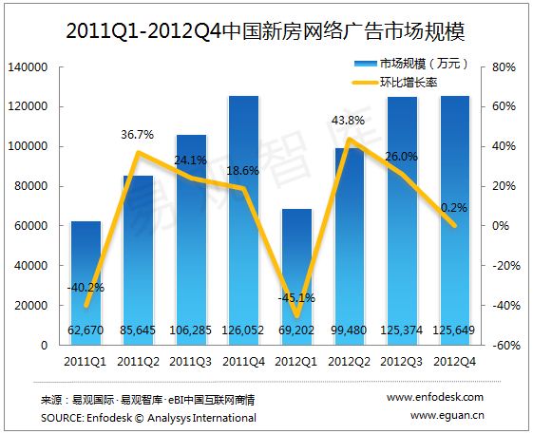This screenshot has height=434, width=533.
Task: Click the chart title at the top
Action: pos(267,30)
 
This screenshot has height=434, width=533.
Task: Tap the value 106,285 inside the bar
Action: pos(192,329)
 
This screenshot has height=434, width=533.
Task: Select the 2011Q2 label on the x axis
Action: pos(139,362)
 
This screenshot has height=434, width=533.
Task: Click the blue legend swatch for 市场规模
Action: pos(365,65)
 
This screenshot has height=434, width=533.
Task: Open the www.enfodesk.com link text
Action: pos(436,397)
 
